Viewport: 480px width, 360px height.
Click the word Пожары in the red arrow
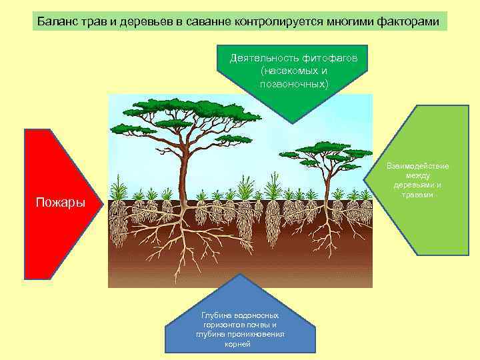point(60,202)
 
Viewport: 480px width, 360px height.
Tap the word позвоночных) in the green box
point(294,83)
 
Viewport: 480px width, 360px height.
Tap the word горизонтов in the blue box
point(225,325)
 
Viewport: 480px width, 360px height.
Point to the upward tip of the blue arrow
point(240,275)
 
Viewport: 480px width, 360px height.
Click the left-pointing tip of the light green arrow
point(366,180)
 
